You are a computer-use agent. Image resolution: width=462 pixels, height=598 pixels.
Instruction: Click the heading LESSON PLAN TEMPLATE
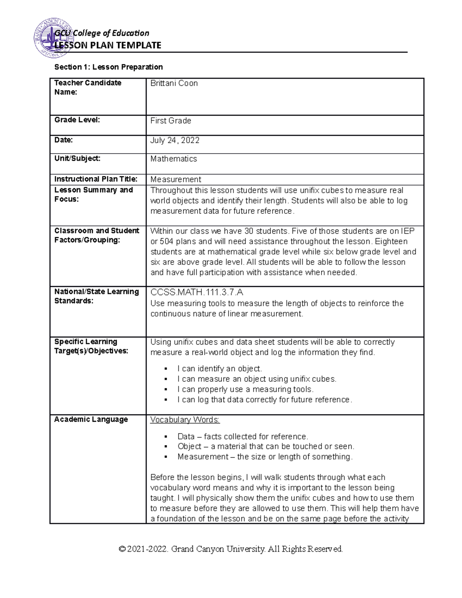coord(108,45)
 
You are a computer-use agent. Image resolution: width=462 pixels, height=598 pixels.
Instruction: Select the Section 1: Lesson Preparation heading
coord(109,67)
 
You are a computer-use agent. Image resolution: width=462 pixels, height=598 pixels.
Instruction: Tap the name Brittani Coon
coord(174,84)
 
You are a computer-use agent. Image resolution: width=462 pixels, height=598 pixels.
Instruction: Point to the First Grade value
coord(171,121)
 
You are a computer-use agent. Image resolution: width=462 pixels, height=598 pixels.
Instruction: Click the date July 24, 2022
coord(175,140)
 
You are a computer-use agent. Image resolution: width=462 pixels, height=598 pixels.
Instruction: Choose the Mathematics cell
coord(174,159)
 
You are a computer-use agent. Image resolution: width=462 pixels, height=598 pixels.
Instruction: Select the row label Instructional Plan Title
coord(95,179)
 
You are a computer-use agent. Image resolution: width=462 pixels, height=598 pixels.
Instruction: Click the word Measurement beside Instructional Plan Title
coord(176,179)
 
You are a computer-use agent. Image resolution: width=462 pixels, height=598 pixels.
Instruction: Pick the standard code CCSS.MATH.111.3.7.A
coord(197,292)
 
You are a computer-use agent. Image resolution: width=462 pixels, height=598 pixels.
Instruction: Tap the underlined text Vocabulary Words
coord(185,420)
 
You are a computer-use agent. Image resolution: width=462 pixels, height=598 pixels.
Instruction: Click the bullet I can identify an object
coord(219,369)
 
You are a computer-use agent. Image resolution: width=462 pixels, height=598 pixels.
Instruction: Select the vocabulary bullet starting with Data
coord(243,437)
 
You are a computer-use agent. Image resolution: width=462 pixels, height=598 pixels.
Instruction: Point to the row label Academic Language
coord(91,419)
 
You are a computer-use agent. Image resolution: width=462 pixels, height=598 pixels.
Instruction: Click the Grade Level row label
coord(77,120)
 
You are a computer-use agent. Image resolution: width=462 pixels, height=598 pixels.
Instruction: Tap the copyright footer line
coord(231,549)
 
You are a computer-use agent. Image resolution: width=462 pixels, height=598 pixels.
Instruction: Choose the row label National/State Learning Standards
coord(96,296)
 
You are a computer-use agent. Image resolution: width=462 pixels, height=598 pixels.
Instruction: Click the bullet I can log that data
coord(264,400)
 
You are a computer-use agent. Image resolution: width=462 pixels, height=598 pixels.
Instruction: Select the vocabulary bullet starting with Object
coord(266,447)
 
